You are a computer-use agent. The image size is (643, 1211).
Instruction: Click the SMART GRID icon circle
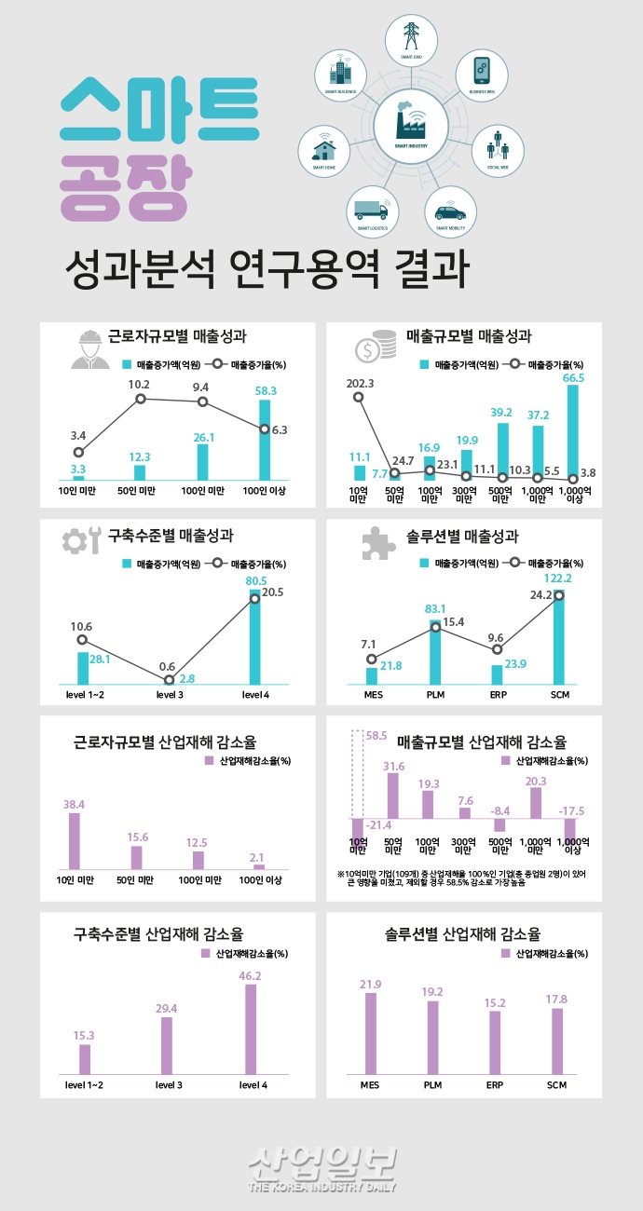[x=411, y=38]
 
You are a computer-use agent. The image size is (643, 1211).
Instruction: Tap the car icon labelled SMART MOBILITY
[x=450, y=212]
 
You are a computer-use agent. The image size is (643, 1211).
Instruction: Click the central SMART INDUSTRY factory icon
[x=411, y=124]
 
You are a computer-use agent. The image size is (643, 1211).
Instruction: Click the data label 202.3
[x=360, y=383]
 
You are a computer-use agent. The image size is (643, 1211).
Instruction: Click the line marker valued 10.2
[x=141, y=399]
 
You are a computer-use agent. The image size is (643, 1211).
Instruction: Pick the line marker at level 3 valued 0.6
[x=169, y=680]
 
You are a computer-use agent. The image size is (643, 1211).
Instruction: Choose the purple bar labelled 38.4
[x=75, y=841]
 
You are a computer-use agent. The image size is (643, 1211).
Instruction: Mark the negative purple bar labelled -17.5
[x=570, y=828]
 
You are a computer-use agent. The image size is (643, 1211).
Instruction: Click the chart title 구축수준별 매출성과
[x=171, y=536]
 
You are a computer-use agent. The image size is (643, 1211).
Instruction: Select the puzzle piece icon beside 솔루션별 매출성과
[x=374, y=546]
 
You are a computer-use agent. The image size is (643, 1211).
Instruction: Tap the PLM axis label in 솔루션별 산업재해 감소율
[x=432, y=1085]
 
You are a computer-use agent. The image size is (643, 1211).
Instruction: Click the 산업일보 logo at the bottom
[x=322, y=1163]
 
